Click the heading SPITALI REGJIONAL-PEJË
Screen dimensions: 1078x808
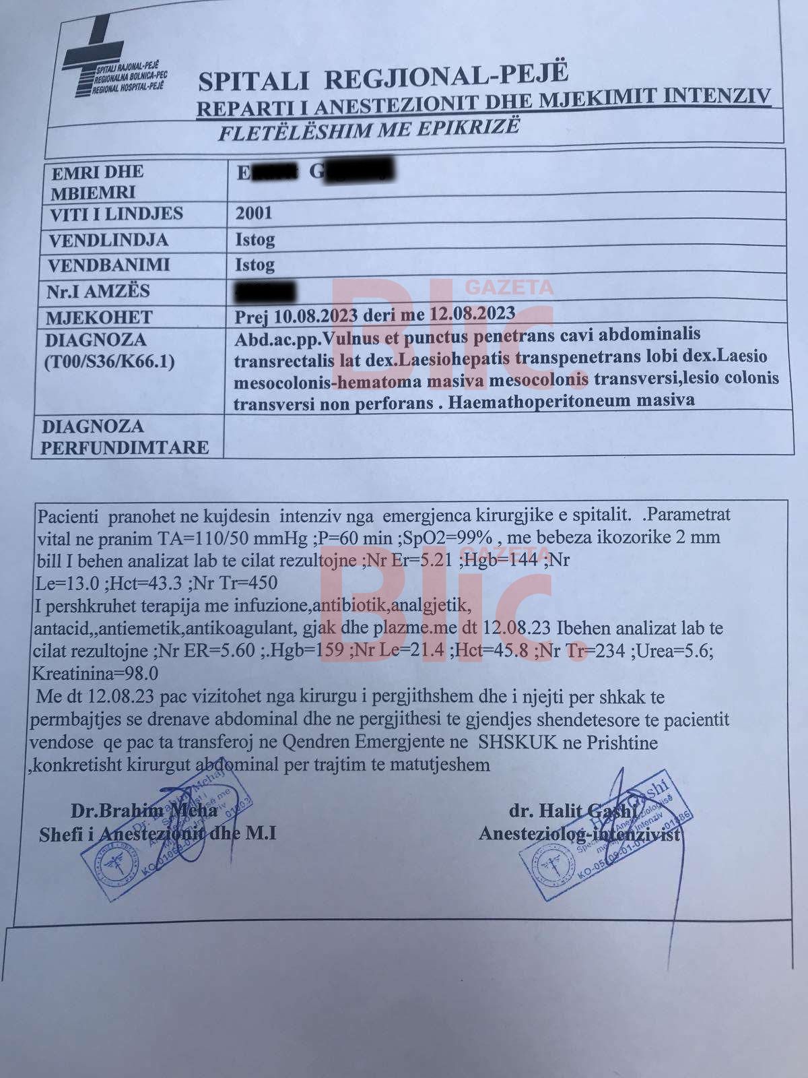[383, 76]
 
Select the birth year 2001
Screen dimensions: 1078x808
[254, 214]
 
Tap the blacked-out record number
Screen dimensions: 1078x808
[264, 293]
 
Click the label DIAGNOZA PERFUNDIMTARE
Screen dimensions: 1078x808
[125, 437]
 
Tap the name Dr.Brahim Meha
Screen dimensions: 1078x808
[144, 810]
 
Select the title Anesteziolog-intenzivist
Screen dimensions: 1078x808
[579, 834]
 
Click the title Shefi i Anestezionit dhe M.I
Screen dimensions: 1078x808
[158, 834]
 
